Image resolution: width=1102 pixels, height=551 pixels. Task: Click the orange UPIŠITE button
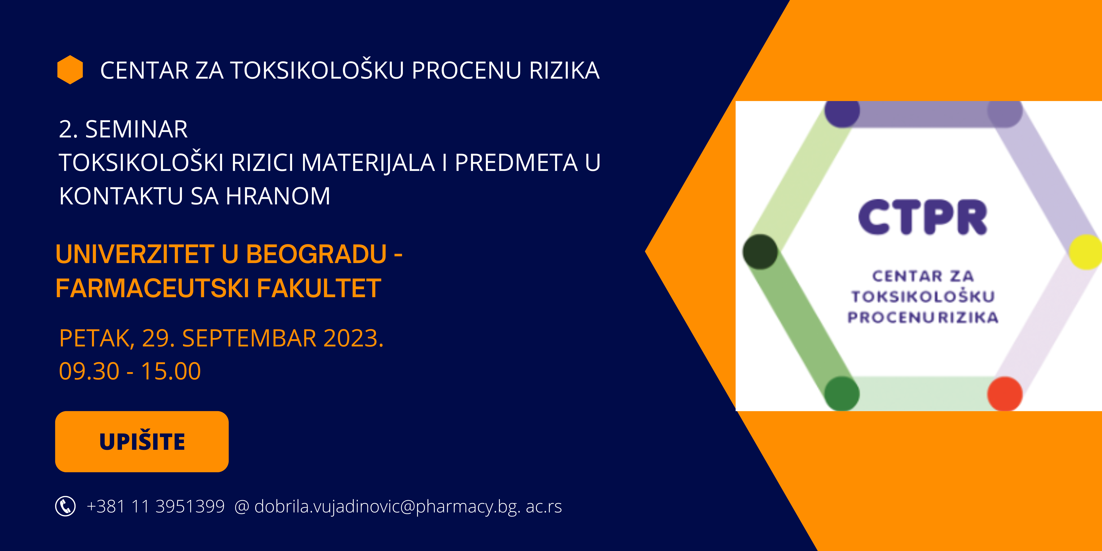142,441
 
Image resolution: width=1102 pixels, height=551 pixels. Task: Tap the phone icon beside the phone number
66,507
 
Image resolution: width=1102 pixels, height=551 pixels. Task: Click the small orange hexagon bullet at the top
70,70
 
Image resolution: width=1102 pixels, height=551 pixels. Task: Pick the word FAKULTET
319,288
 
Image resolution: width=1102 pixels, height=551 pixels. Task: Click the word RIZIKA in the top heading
564,71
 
